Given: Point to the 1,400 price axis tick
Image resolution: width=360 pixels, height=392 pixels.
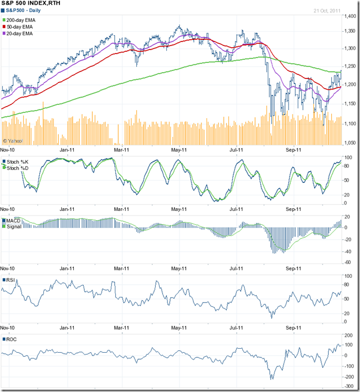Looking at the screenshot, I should [350, 17].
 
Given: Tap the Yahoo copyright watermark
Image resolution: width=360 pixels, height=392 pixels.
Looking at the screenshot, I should [13, 141].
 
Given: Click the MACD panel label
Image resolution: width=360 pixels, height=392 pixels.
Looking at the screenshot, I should [14, 221].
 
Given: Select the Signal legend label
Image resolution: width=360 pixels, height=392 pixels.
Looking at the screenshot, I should [15, 227].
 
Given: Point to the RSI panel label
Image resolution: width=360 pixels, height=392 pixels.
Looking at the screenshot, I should [11, 280].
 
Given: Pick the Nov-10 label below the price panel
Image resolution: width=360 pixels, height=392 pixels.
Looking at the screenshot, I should [9, 149].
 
